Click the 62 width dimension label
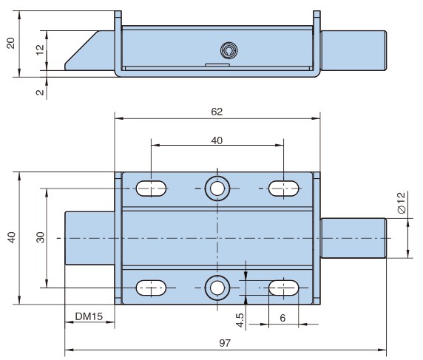(217, 112)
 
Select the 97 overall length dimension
(225, 343)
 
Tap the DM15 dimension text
(89, 316)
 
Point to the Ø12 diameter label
(402, 203)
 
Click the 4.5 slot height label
(240, 320)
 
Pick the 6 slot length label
(282, 318)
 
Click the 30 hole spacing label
(41, 237)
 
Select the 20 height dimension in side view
(11, 43)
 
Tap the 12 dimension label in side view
(40, 50)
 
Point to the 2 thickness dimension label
(40, 92)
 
